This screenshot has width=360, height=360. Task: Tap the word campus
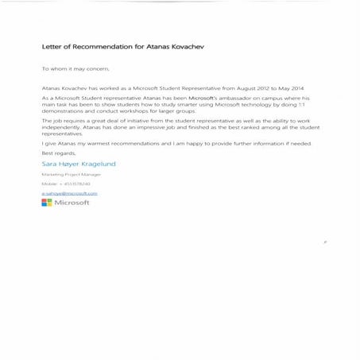tap(271, 97)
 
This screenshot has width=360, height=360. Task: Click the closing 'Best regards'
tap(56, 153)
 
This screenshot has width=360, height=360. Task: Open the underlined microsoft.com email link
tap(68, 193)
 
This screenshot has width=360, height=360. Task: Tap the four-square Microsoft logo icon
tap(46, 203)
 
